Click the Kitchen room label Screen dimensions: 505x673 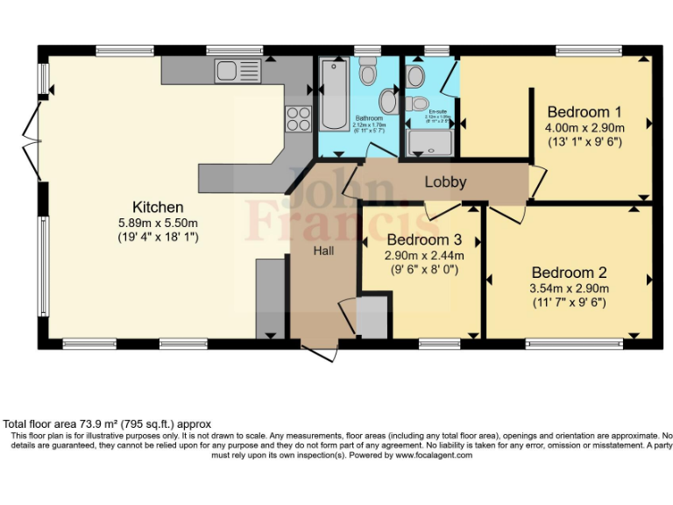point(158,208)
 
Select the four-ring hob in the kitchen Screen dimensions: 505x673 point(298,117)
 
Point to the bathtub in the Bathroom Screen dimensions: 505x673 point(333,95)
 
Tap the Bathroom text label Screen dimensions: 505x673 point(369,117)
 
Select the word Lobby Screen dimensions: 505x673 point(445,182)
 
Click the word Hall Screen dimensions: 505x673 point(323,250)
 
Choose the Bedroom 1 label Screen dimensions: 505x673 point(584,112)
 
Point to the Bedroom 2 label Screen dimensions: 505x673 point(569,273)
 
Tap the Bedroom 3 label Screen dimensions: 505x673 point(424,240)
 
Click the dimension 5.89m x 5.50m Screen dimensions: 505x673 point(158,223)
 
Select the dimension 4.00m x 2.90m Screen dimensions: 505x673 point(584,127)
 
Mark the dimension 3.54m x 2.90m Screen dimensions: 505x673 point(569,288)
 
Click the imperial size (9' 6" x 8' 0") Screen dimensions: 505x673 point(424,270)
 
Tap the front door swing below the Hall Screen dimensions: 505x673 point(319,351)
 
